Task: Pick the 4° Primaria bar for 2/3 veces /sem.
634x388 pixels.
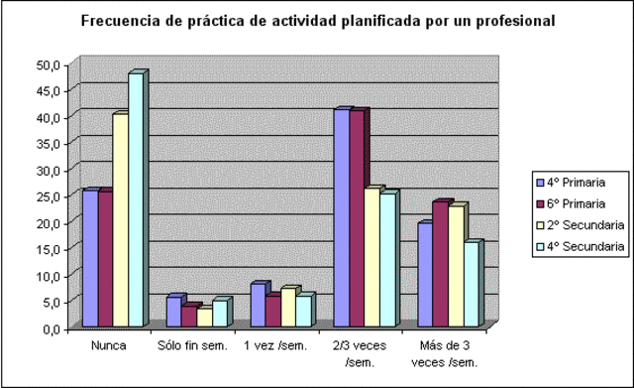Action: [342, 217]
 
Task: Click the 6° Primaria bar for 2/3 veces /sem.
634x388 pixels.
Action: [358, 218]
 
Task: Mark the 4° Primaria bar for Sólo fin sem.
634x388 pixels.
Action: [174, 312]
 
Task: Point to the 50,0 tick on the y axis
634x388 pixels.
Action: [49, 65]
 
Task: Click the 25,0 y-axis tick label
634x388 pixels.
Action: [49, 196]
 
